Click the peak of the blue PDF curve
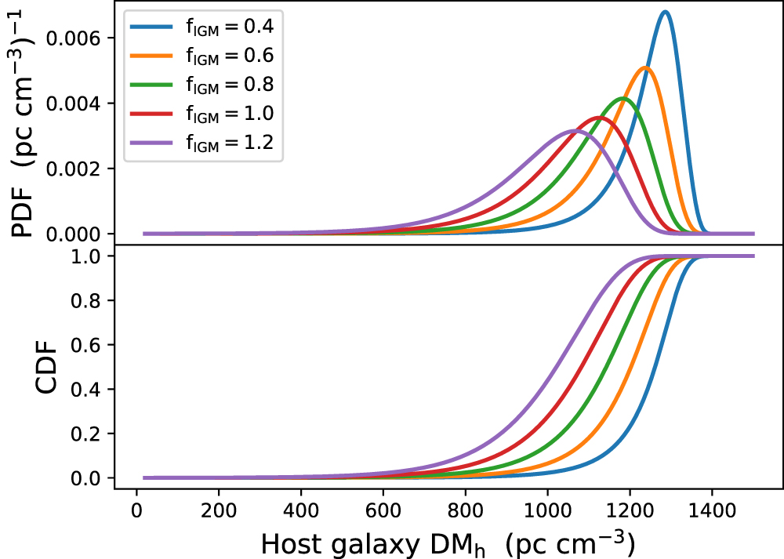pyautogui.click(x=665, y=12)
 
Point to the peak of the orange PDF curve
pyautogui.click(x=645, y=68)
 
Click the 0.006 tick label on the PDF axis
pyautogui.click(x=79, y=38)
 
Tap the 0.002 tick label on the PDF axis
pyautogui.click(x=79, y=169)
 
